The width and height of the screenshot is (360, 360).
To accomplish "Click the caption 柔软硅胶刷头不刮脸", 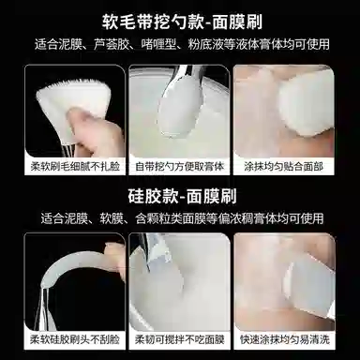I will (67, 340).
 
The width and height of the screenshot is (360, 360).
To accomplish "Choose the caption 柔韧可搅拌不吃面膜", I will (179, 340).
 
